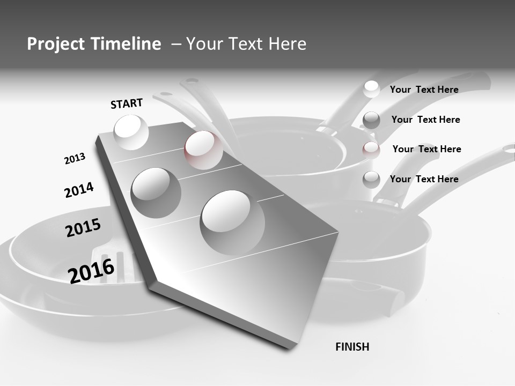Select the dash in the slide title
[x=176, y=44]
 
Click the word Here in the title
[x=286, y=44]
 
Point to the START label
[x=127, y=103]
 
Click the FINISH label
[x=352, y=347]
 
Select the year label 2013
[x=75, y=159]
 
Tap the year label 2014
[x=79, y=190]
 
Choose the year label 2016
[x=91, y=271]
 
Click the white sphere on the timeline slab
[x=131, y=132]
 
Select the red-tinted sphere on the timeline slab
[x=203, y=150]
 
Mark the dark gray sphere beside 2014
[x=156, y=192]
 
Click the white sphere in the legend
[x=371, y=89]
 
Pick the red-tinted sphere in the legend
[x=371, y=150]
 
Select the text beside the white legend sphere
[x=424, y=90]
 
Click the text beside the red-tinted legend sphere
[x=426, y=149]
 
